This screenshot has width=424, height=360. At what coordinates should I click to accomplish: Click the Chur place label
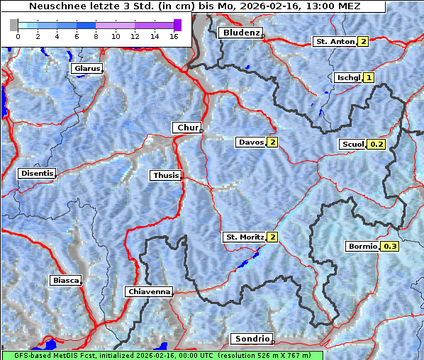pos(187,128)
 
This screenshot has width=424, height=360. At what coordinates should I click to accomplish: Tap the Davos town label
pos(251,142)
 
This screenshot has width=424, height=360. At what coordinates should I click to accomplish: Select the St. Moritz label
pos(244,237)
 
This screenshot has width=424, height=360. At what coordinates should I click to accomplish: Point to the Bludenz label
pos(240,33)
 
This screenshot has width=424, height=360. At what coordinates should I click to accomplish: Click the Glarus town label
pos(86,69)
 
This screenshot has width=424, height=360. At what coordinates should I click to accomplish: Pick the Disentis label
pos(36,173)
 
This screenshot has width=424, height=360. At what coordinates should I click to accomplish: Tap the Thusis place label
pos(165,175)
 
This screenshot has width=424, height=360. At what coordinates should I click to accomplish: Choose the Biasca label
pos(65,280)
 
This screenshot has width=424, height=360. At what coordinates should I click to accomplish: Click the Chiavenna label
pos(148,291)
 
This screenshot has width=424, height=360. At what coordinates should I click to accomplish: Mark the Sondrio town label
pos(252,339)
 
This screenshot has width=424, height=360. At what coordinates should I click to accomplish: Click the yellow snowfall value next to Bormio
pos(390,247)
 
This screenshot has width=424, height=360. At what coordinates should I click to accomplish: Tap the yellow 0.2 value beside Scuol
pos(376,145)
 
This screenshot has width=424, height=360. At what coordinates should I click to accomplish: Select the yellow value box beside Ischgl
pos(369,77)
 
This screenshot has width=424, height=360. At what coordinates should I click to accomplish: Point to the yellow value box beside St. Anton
pos(363,42)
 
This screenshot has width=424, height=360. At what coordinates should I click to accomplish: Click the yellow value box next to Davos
pos(272,142)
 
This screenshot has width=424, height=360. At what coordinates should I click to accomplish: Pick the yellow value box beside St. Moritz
pos(272,237)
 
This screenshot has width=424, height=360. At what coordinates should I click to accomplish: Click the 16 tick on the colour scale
pos(174,36)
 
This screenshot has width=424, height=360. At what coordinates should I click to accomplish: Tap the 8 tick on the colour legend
pos(96,36)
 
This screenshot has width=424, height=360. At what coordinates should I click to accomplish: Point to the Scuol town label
pos(352,145)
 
